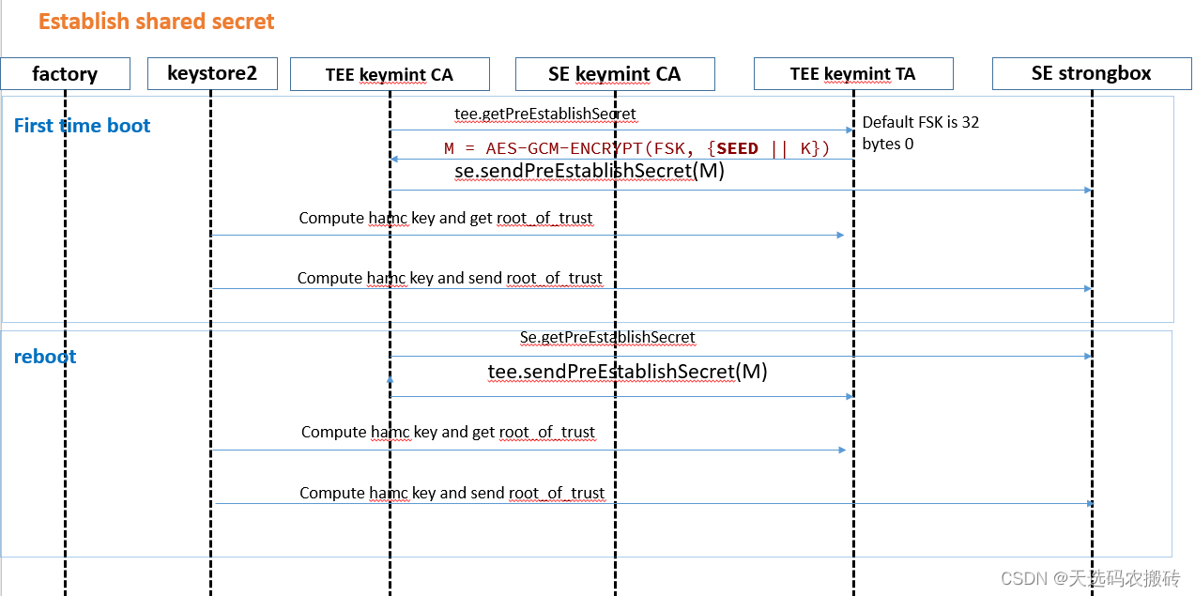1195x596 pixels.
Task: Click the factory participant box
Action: pyautogui.click(x=65, y=73)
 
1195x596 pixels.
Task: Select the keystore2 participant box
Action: pyautogui.click(x=212, y=73)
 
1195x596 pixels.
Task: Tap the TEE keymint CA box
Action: pyautogui.click(x=390, y=74)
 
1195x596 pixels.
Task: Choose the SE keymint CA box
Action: pyautogui.click(x=615, y=74)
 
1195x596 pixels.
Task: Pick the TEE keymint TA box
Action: pyautogui.click(x=853, y=73)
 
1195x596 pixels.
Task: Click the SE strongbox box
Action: pyautogui.click(x=1092, y=73)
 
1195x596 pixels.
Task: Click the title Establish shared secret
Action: pyautogui.click(x=157, y=22)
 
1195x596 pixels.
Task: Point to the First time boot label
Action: pyautogui.click(x=83, y=126)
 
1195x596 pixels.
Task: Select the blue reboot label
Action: pyautogui.click(x=45, y=357)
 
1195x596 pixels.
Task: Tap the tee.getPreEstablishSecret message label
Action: pyautogui.click(x=545, y=114)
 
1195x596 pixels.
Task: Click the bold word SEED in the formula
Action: pyautogui.click(x=737, y=148)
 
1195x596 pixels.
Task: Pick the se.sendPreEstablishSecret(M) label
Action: pyautogui.click(x=590, y=171)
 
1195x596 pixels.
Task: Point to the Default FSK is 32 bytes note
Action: pyautogui.click(x=921, y=133)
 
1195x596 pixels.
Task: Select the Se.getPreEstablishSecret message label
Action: pyautogui.click(x=607, y=337)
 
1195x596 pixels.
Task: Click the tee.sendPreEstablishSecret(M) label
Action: pyautogui.click(x=627, y=372)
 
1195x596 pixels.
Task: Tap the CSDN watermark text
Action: pyautogui.click(x=1091, y=578)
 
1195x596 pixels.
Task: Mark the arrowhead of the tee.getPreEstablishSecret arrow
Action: pyautogui.click(x=850, y=130)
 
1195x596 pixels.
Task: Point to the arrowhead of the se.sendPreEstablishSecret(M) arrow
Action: pyautogui.click(x=1088, y=190)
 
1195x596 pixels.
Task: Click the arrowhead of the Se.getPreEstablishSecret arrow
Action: pyautogui.click(x=1088, y=356)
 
